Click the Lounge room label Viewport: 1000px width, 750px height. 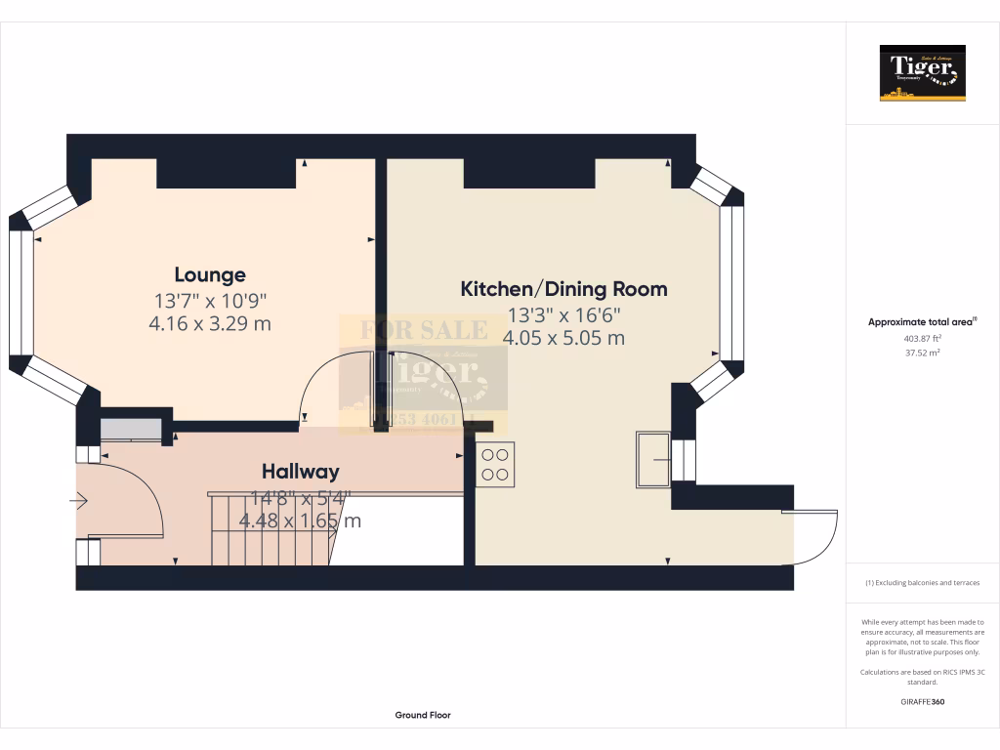click(210, 274)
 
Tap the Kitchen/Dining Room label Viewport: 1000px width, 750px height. click(563, 289)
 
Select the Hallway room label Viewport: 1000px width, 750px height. click(300, 472)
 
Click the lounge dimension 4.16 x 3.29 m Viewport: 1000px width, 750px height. click(210, 323)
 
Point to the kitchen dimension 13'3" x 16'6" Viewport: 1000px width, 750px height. click(563, 314)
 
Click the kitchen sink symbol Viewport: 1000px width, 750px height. click(652, 460)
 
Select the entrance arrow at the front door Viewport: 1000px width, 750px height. click(79, 501)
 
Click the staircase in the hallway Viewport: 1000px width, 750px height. click(269, 527)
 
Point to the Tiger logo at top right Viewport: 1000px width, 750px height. click(922, 73)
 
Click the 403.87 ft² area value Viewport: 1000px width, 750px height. click(922, 339)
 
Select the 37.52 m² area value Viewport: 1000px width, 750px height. click(922, 354)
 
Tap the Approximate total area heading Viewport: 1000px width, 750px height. click(922, 321)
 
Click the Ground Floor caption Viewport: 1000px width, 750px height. click(423, 715)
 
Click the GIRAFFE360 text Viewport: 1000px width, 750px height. click(922, 701)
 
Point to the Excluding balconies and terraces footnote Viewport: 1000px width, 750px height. click(922, 583)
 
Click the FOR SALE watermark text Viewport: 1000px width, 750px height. click(424, 330)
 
